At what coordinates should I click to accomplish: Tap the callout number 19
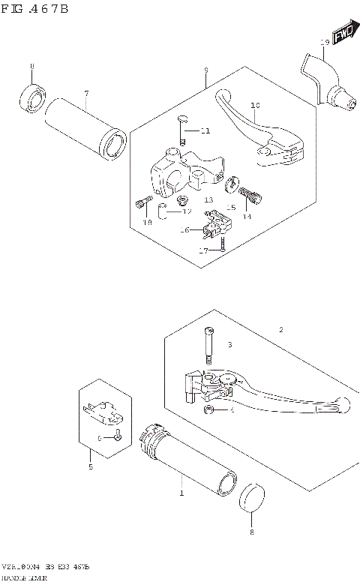[323, 42]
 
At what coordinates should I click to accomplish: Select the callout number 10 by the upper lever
[255, 106]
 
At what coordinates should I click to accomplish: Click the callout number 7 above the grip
[86, 93]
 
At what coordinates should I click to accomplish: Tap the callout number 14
[246, 216]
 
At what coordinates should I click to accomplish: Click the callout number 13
[208, 200]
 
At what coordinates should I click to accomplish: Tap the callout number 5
[90, 467]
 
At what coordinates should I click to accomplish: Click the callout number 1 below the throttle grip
[180, 494]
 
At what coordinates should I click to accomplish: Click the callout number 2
[281, 330]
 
